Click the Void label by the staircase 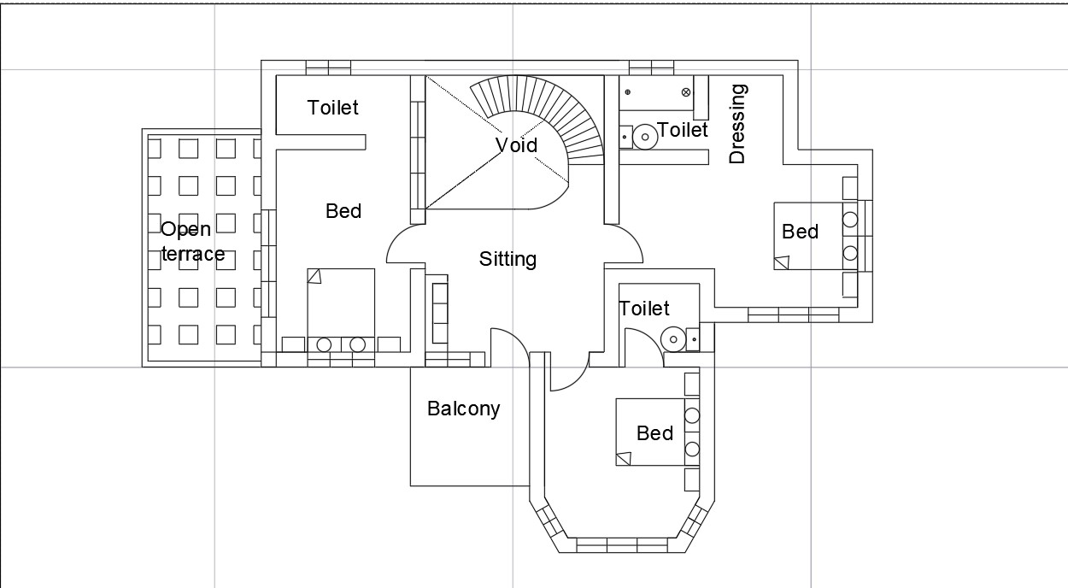point(517,145)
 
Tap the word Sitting point(508,259)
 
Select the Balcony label point(463,409)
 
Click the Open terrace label point(192,241)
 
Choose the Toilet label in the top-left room point(333,108)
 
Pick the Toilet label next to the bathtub point(684,130)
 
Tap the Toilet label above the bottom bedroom point(644,309)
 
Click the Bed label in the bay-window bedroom point(654,433)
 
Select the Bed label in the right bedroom point(800,232)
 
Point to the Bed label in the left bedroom point(343,211)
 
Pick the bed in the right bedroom point(807,236)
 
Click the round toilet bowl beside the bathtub point(645,134)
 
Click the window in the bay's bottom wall point(622,544)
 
